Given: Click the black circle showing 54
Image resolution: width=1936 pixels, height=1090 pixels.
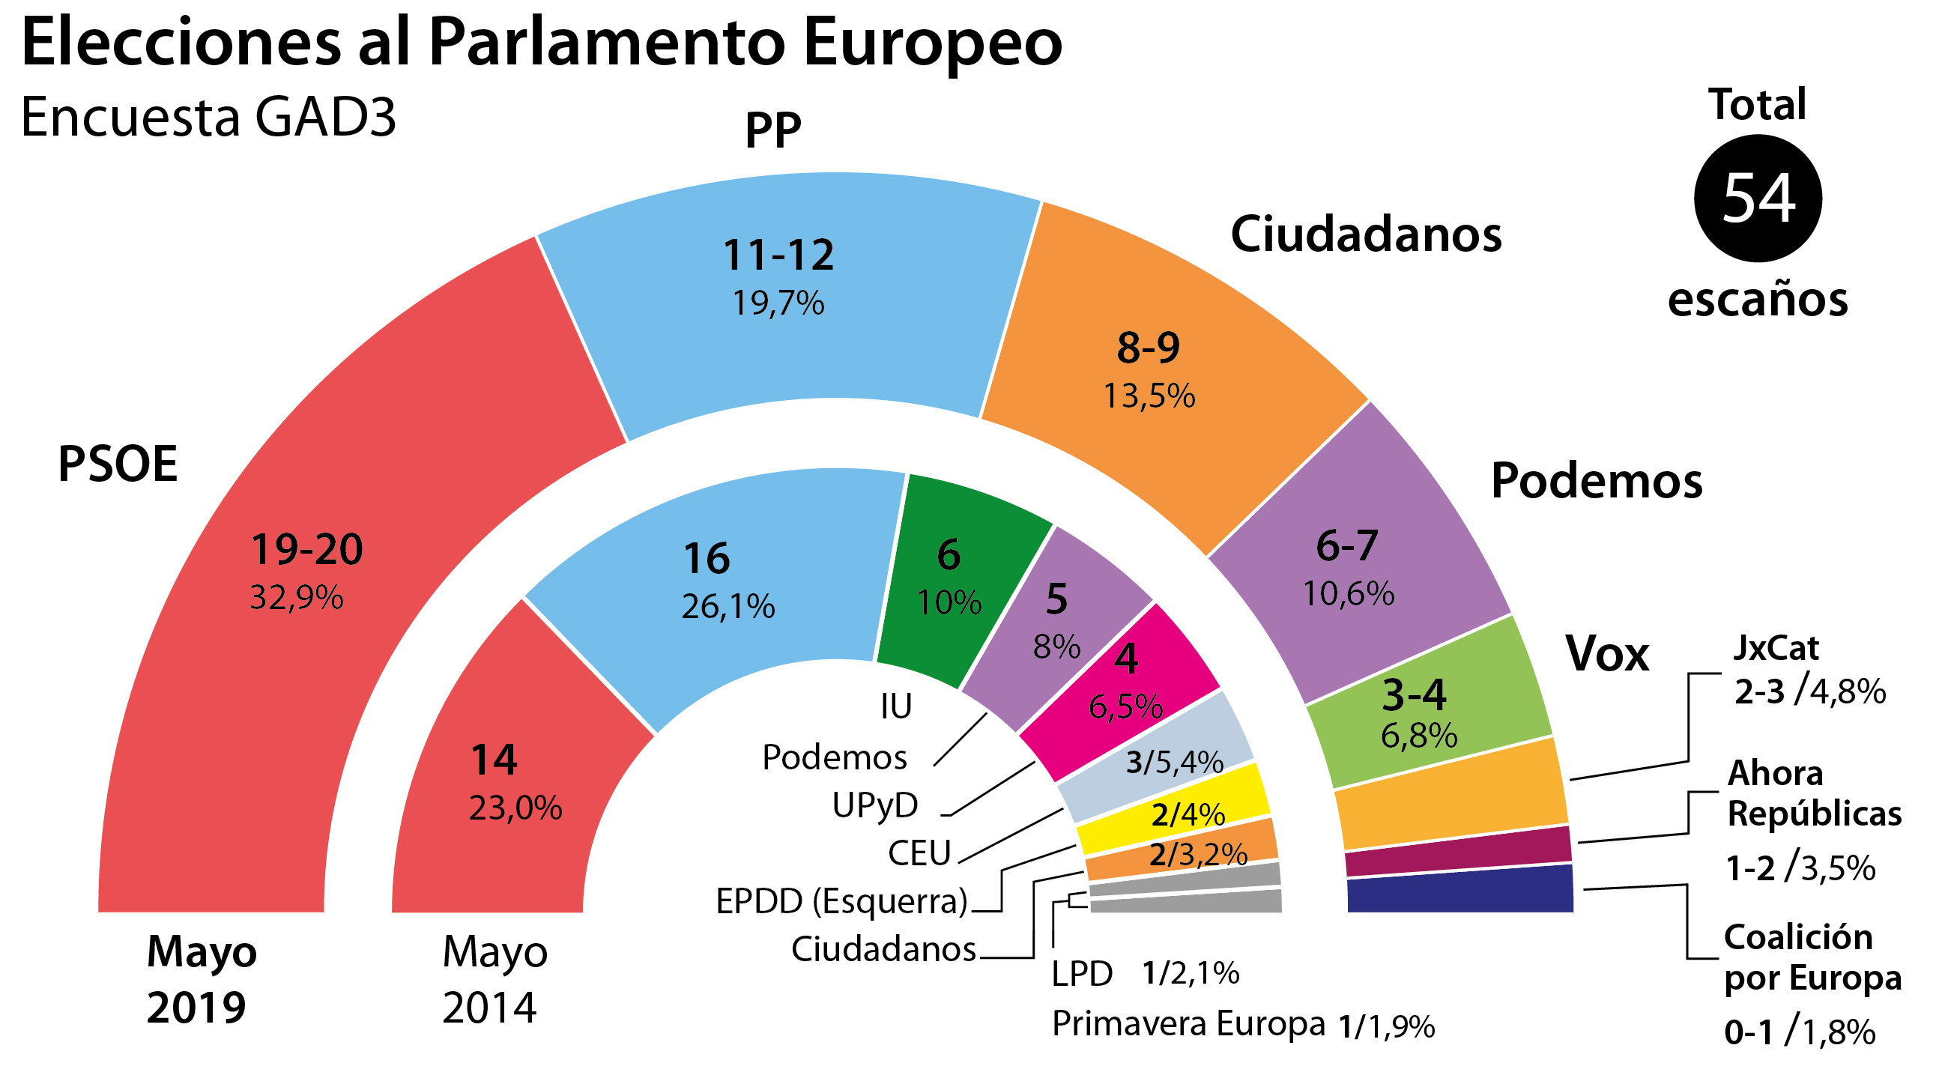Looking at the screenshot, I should (1757, 199).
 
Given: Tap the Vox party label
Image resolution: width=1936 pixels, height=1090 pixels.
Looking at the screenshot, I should (1607, 653).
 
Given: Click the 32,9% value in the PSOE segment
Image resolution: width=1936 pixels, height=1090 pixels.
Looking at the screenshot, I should (296, 598).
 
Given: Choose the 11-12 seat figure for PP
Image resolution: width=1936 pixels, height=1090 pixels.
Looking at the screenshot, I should (778, 255).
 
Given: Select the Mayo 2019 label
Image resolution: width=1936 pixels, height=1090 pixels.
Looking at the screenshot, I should (200, 979).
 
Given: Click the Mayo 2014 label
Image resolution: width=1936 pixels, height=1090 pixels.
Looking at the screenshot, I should (493, 979).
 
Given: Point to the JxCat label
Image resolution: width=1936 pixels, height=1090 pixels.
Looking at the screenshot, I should (1775, 648).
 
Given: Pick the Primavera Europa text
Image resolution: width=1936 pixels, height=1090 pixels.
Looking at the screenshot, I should (1188, 1024).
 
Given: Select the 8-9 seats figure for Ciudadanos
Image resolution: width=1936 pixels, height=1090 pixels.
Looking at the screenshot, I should (1148, 348).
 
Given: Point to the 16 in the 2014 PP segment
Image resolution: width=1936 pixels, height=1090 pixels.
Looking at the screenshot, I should (706, 559).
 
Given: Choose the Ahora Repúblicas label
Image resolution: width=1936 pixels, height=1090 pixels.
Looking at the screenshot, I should (1812, 794).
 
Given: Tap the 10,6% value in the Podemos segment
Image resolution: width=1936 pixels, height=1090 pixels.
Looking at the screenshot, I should (1349, 594).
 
